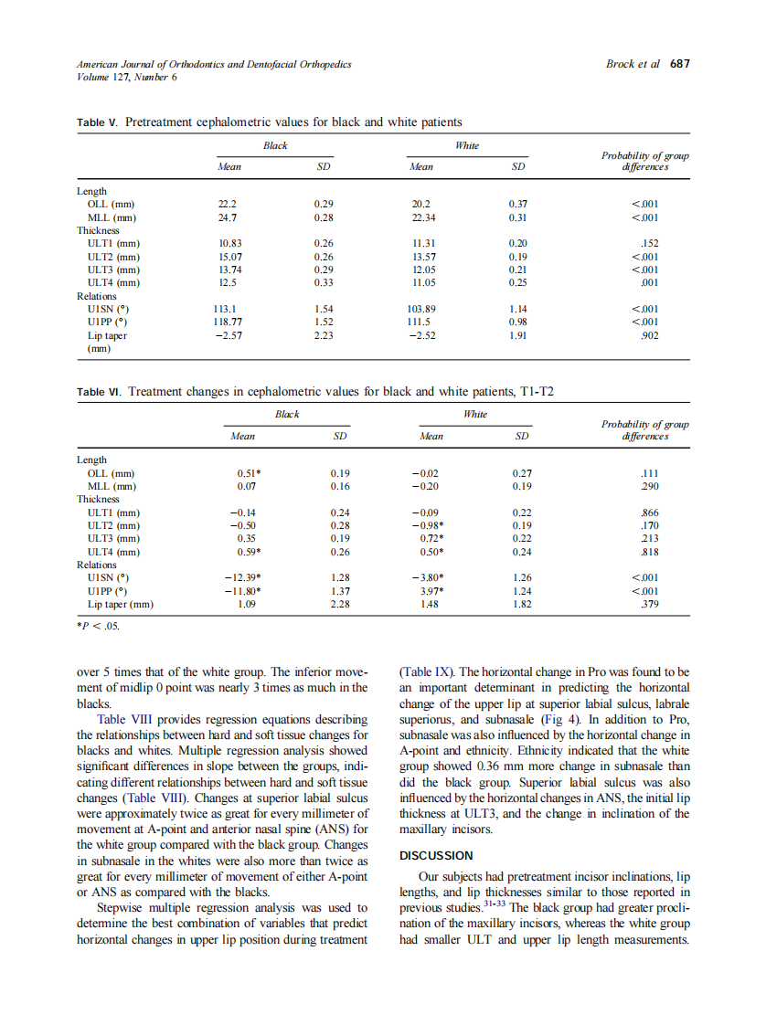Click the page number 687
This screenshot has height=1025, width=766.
[x=679, y=64]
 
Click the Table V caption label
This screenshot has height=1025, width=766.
[x=99, y=122]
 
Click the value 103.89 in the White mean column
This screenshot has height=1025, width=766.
[x=427, y=309]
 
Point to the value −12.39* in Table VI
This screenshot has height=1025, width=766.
[x=243, y=577]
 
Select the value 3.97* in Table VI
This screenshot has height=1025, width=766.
[x=431, y=591]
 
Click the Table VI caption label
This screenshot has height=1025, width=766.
[x=101, y=392]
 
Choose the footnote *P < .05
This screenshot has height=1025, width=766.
[x=98, y=627]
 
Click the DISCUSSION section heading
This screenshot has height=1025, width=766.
[x=436, y=855]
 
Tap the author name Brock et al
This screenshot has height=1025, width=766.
[x=633, y=64]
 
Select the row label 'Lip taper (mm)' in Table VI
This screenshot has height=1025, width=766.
[x=120, y=604]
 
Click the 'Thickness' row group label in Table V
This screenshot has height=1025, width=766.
[x=98, y=230]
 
